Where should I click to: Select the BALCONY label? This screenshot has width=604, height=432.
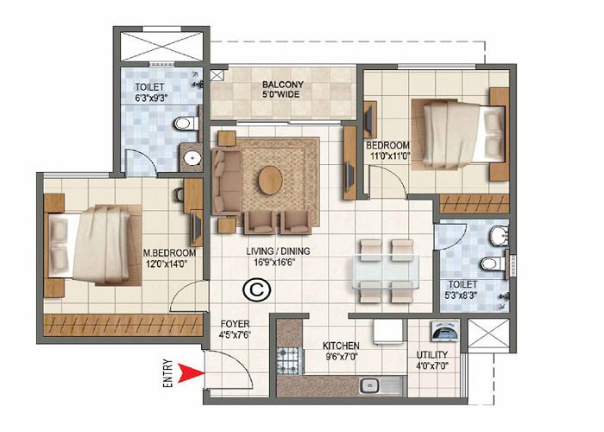coord(282,85)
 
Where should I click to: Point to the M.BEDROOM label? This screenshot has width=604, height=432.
coord(169,252)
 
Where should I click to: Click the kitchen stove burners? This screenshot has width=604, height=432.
coord(286,355)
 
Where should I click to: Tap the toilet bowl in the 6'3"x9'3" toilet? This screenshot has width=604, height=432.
coord(184,126)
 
